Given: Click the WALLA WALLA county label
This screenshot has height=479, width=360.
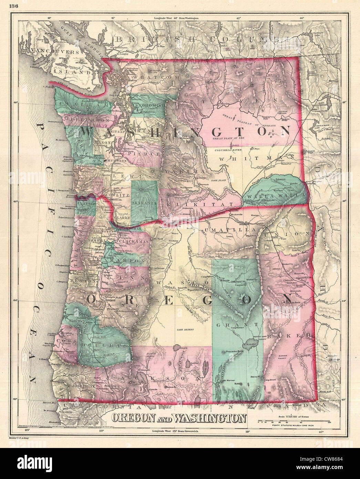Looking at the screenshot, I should (x=280, y=195).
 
